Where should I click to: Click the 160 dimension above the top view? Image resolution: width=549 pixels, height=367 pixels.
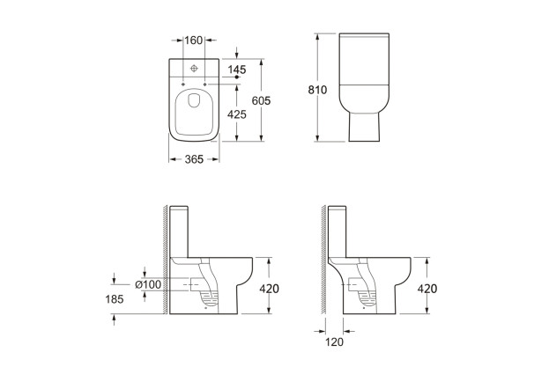[x=193, y=40]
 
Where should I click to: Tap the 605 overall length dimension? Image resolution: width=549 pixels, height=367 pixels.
[x=260, y=101]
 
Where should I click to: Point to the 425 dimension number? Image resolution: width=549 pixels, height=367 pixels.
[x=235, y=114]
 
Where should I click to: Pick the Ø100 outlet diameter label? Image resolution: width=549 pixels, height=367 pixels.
[x=148, y=283]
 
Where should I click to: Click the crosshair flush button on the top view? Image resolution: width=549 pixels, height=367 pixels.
[x=193, y=67]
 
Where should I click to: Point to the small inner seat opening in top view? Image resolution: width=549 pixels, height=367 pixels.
[x=193, y=111]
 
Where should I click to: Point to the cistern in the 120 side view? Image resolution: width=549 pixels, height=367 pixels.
[x=338, y=231]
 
